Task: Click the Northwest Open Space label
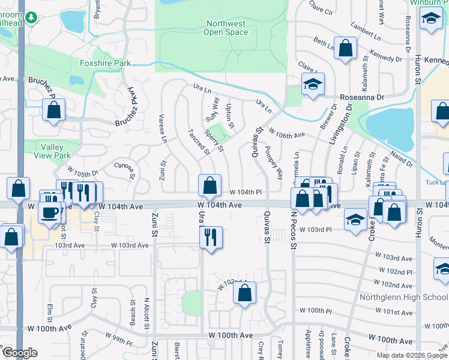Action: pos(226,28)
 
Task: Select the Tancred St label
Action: pos(198,142)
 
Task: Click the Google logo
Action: pos(20,353)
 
